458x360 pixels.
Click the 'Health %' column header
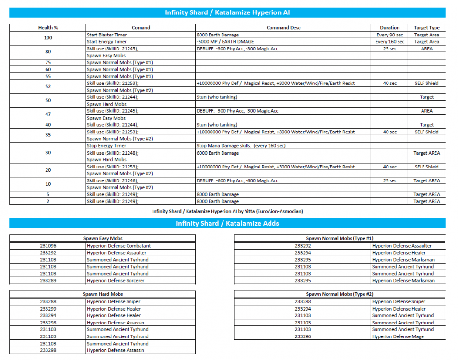pyautogui.click(x=47, y=28)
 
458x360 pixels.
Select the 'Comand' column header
pyautogui.click(x=141, y=28)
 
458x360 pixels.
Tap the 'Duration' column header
pyautogui.click(x=389, y=28)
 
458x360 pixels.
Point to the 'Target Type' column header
pyautogui.click(x=426, y=28)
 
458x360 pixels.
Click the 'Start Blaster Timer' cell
pyautogui.click(x=106, y=35)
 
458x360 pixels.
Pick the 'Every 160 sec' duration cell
pyautogui.click(x=389, y=42)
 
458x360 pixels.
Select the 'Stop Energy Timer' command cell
pyautogui.click(x=106, y=146)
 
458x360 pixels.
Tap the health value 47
pyautogui.click(x=47, y=115)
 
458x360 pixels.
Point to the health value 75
pyautogui.click(x=47, y=63)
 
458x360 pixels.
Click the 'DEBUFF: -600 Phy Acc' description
pyautogui.click(x=237, y=181)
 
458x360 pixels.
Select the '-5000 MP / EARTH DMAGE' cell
pyautogui.click(x=225, y=42)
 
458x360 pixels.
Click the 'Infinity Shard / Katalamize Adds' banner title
pyautogui.click(x=227, y=223)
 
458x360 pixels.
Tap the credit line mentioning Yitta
pyautogui.click(x=227, y=211)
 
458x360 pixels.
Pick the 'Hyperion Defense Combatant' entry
pyautogui.click(x=118, y=246)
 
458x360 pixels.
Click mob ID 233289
pyautogui.click(x=47, y=281)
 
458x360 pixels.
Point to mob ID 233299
pyautogui.click(x=47, y=309)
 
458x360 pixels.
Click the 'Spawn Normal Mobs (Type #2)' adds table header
pyautogui.click(x=340, y=294)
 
